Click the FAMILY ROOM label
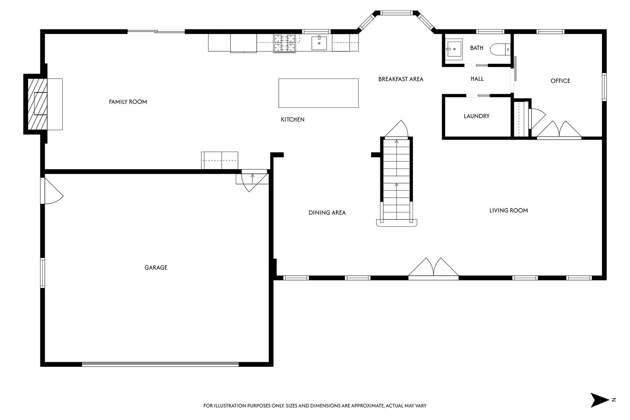tap(128, 102)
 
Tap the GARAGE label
tap(156, 268)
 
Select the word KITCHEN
tap(292, 119)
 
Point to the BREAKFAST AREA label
tap(401, 79)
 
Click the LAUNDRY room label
tap(476, 116)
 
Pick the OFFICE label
tap(560, 81)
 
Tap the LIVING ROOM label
tap(509, 210)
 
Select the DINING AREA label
tap(327, 213)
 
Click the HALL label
tap(477, 79)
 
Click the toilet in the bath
tap(500, 49)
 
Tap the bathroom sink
tap(453, 49)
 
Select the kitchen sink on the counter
tap(319, 43)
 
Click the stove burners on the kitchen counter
tap(284, 43)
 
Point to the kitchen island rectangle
tap(318, 93)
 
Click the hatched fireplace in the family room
tap(37, 104)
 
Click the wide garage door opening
tap(160, 364)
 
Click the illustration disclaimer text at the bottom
tap(315, 406)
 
